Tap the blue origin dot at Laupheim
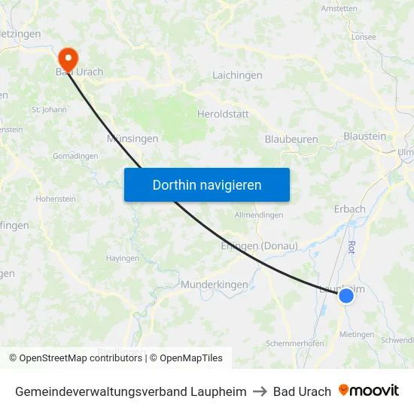point(346,296)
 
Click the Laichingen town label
point(237,75)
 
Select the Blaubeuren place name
point(291,139)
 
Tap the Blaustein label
point(364,136)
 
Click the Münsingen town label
point(132,139)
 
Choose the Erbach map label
point(349,209)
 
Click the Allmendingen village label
point(258,215)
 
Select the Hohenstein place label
point(55,199)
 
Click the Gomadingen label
point(75,156)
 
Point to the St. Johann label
point(49,110)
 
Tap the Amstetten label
point(339,9)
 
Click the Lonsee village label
point(363,36)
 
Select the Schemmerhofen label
point(295,343)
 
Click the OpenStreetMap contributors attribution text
point(81,358)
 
